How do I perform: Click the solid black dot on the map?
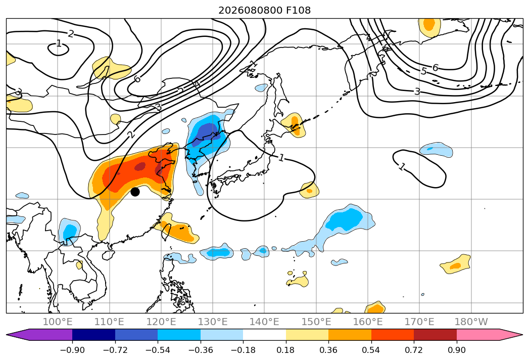(135, 192)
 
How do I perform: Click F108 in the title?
(298, 10)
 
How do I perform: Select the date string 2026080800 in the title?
(250, 10)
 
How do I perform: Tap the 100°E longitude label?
(58, 322)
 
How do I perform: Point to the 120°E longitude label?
(161, 322)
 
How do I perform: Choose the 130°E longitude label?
(213, 322)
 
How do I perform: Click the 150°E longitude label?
(316, 322)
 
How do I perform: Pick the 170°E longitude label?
(419, 322)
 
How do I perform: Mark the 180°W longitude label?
(471, 322)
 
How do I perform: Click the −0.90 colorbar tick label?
(72, 350)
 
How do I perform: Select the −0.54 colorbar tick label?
(158, 350)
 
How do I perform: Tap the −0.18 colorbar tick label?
(243, 350)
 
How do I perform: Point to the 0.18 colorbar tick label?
(286, 350)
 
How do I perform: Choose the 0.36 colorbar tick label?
(328, 350)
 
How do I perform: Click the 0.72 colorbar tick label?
(414, 350)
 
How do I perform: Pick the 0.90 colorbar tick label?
(456, 350)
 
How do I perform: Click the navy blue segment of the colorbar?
(93, 335)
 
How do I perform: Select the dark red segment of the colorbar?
(435, 335)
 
